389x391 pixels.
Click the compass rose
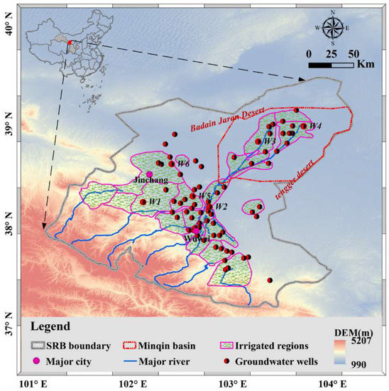click(331, 29)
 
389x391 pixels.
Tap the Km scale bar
click(331, 64)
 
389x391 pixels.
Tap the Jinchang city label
click(150, 181)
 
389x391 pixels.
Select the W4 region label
click(315, 126)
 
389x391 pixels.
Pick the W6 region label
click(183, 164)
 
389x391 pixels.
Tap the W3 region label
click(269, 141)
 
